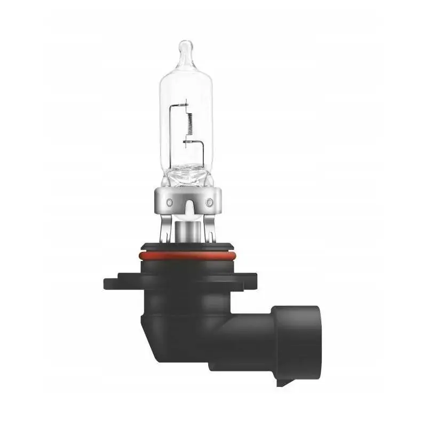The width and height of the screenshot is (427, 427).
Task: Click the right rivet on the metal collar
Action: pos(209,202)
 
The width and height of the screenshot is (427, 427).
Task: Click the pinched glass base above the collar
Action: pos(188,173)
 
